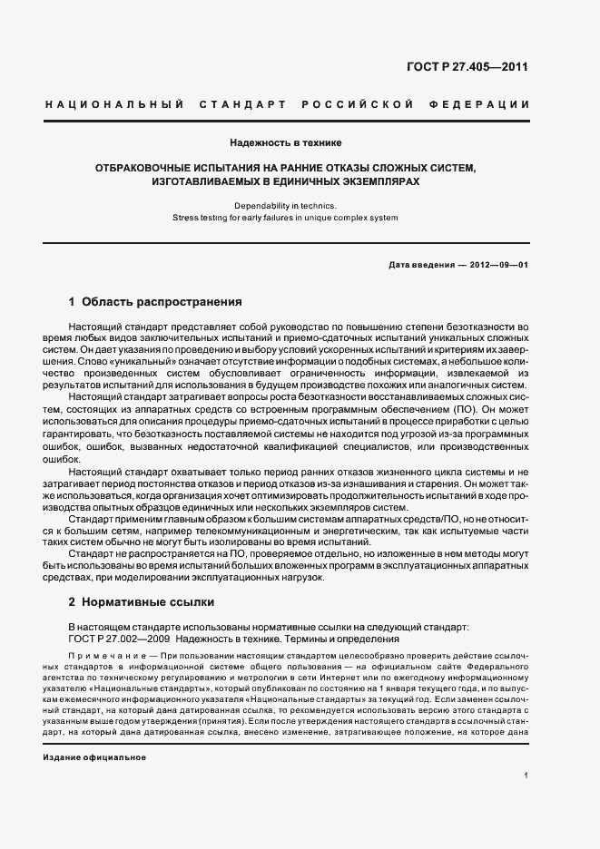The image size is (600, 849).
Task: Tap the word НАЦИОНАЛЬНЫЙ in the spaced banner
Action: [x=114, y=105]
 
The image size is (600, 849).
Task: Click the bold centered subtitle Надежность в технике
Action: [x=285, y=142]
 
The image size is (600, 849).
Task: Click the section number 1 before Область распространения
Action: [x=72, y=301]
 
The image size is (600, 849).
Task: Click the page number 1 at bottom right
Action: [x=526, y=775]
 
